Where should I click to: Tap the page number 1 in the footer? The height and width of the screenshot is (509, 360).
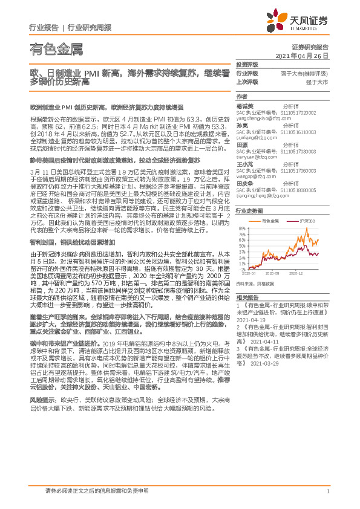click(x=327, y=491)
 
